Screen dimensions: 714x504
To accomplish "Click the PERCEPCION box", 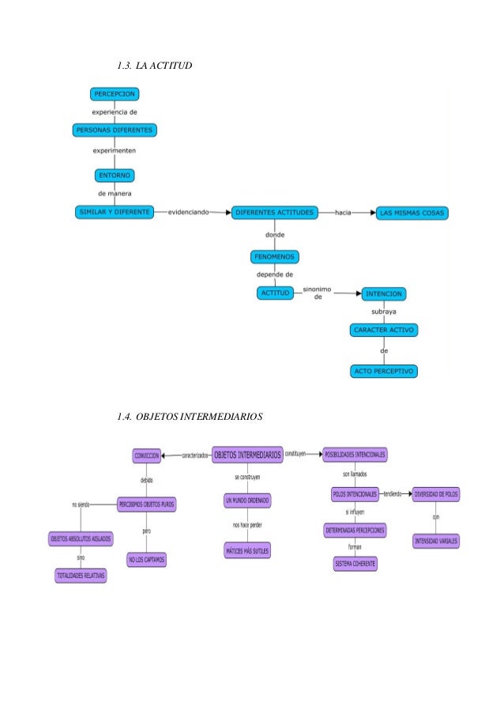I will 116,94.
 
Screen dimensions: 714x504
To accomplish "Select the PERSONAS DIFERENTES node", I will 115,130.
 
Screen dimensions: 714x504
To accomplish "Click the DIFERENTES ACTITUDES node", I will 275,213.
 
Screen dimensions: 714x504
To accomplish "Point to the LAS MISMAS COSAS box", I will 412,213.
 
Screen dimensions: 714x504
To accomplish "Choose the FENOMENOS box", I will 274,257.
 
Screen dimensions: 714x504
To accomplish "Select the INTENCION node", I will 385,293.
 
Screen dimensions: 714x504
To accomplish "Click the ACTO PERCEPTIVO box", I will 384,370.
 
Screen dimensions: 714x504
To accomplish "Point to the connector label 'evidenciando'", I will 188,213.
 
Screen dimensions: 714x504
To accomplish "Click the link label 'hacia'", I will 344,213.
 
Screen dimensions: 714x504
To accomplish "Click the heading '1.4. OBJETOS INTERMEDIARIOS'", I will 189,416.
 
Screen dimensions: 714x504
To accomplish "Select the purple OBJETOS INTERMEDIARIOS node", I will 247,455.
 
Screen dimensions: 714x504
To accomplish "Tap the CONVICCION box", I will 146,455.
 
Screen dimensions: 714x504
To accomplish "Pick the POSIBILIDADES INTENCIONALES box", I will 355,455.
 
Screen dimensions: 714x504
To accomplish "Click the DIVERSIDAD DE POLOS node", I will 436,494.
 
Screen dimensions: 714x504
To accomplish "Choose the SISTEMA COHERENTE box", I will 355,564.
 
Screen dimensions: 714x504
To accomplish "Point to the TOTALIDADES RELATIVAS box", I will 80,575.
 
